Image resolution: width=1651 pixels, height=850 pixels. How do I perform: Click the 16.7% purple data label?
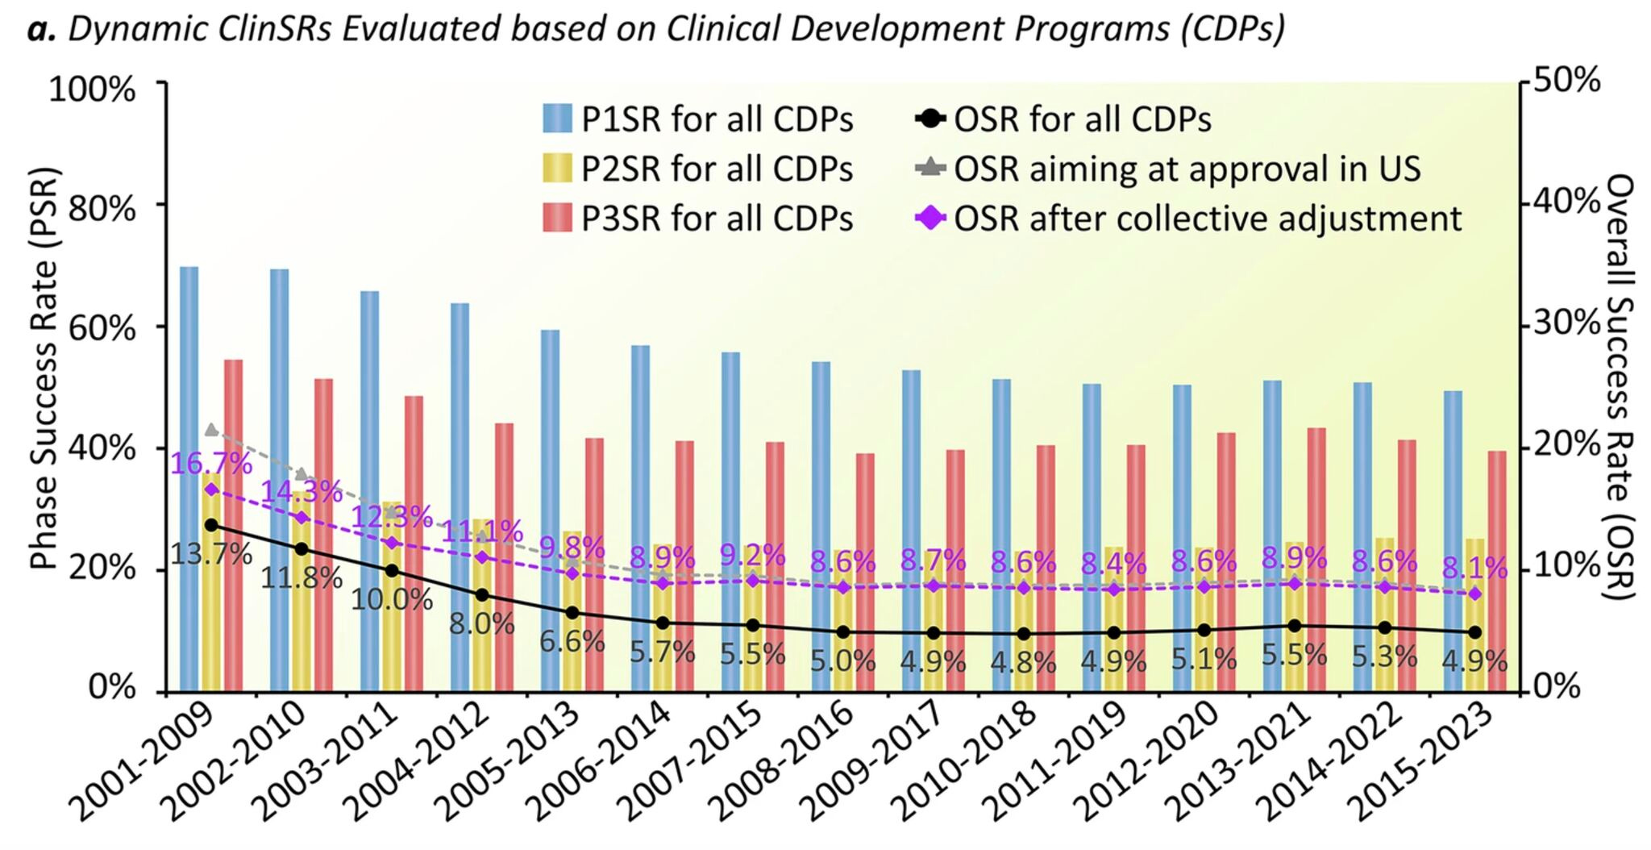click(211, 464)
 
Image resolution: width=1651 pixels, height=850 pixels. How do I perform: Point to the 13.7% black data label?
click(211, 555)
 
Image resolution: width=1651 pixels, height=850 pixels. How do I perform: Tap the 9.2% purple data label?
click(752, 555)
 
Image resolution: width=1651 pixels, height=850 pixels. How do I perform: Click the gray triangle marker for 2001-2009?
click(211, 429)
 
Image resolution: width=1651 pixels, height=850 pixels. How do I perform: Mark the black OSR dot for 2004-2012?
click(482, 595)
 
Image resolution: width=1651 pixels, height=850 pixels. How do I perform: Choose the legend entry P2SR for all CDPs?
click(698, 169)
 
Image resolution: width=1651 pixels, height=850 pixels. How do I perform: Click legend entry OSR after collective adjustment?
click(1189, 219)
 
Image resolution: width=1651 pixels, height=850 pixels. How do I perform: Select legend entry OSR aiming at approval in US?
click(1169, 169)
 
